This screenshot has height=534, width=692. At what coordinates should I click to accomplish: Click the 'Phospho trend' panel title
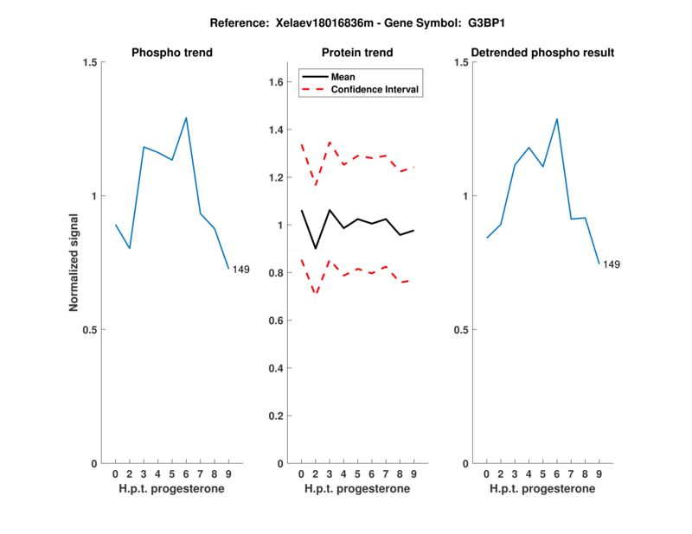click(x=172, y=53)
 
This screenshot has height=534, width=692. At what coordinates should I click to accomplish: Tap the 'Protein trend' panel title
click(x=357, y=53)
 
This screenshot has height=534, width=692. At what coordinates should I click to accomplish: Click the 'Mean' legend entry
click(x=343, y=77)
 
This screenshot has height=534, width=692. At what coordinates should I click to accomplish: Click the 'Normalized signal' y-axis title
click(x=74, y=263)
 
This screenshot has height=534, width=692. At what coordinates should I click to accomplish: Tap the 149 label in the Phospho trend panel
click(x=240, y=270)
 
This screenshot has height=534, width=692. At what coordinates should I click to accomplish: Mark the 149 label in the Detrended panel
click(x=612, y=264)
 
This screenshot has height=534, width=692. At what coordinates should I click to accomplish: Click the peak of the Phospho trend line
click(x=186, y=118)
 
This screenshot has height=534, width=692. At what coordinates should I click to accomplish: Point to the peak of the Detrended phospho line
click(x=557, y=119)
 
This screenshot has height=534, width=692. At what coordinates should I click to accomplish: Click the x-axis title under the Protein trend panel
click(x=357, y=489)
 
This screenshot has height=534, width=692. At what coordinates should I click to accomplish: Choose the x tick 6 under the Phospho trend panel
click(x=186, y=474)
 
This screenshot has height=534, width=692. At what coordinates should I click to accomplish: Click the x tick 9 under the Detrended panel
click(x=599, y=474)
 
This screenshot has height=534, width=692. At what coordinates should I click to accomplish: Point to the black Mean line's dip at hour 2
click(x=315, y=249)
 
